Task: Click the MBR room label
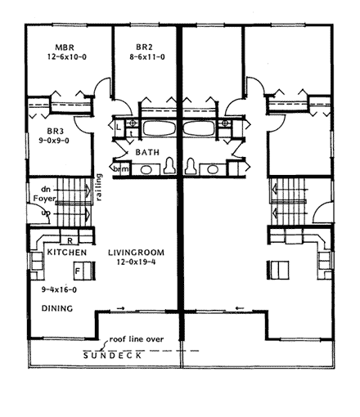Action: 65,47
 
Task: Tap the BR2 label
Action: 144,47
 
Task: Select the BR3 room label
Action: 56,131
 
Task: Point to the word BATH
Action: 147,152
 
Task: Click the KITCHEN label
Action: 67,253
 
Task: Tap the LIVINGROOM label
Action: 137,253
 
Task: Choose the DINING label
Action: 57,308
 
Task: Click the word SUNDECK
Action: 112,356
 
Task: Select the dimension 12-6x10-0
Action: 67,57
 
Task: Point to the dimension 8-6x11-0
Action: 147,57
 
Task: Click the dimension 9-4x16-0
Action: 59,289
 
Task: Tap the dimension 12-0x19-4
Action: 136,262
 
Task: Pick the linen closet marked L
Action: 119,128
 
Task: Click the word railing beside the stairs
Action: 99,187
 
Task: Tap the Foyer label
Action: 44,199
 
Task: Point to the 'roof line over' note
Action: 137,339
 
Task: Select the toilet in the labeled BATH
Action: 169,165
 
